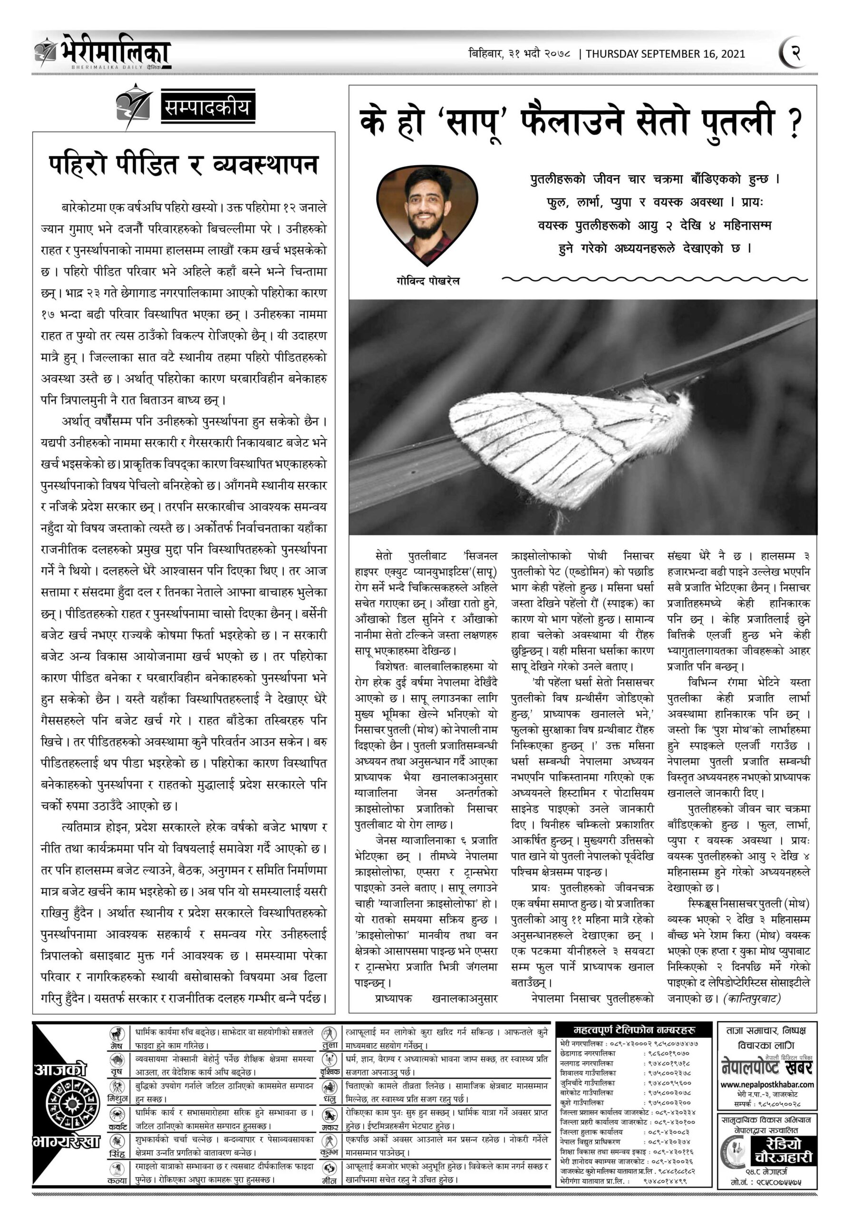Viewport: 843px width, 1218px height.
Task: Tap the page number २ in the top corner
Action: pyautogui.click(x=795, y=53)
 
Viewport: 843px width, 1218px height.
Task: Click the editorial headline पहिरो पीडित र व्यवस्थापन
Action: pyautogui.click(x=184, y=165)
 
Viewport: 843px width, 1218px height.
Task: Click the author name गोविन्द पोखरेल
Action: pyautogui.click(x=427, y=281)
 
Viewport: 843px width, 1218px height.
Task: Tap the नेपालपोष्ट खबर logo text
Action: pyautogui.click(x=767, y=1067)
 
